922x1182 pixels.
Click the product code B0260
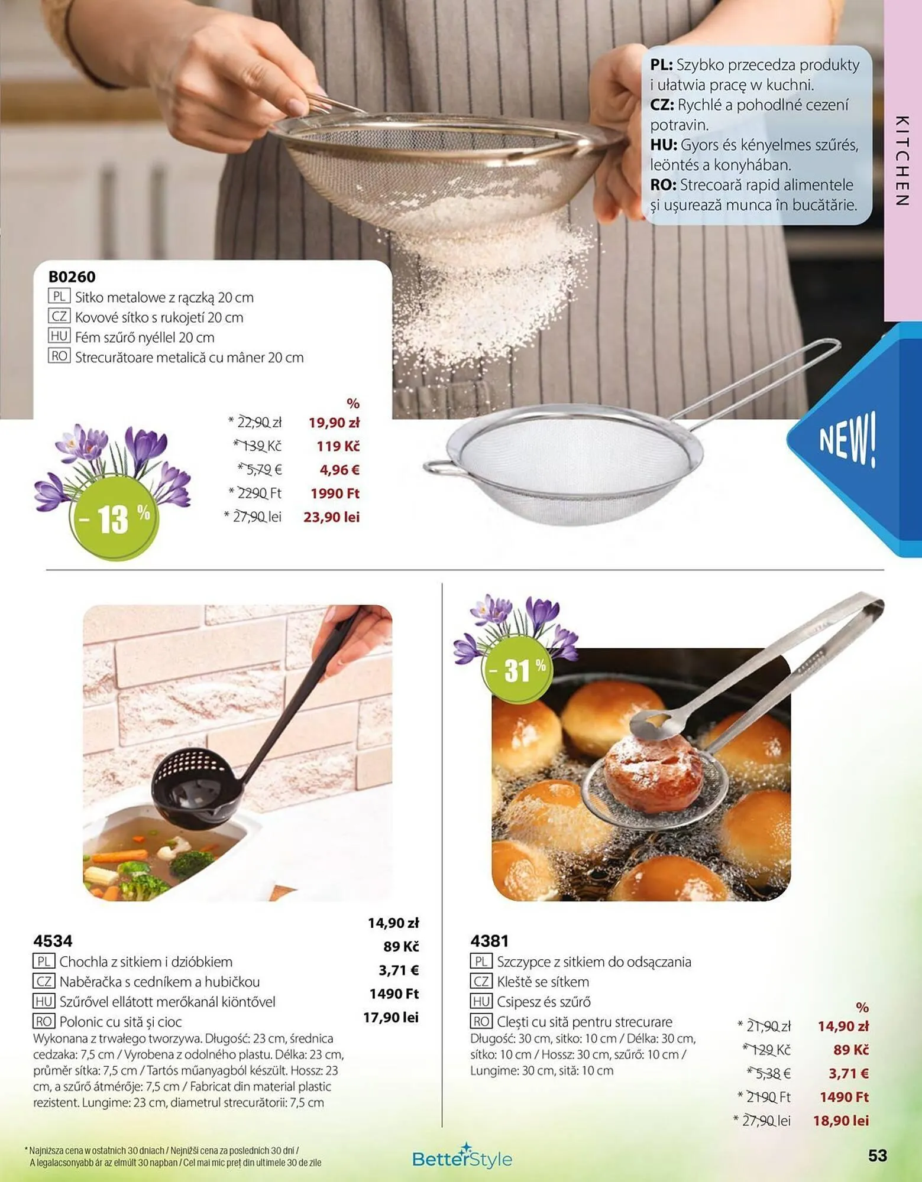(72, 277)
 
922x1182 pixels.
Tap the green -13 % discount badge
(115, 518)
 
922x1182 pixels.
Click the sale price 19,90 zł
(334, 423)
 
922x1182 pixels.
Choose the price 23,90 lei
(331, 517)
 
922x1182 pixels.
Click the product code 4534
(53, 941)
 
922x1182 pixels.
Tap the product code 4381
(489, 941)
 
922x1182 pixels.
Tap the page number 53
(878, 1155)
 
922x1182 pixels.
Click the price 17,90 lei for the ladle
(391, 1017)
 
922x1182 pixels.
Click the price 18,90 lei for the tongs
(840, 1121)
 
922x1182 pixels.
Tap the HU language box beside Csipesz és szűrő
(481, 1001)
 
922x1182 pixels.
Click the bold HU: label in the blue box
(663, 145)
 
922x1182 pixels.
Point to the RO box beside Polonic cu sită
(44, 1021)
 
